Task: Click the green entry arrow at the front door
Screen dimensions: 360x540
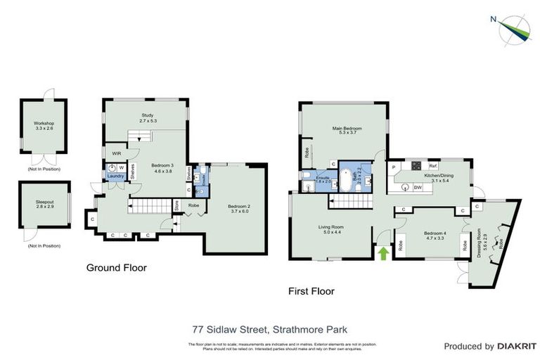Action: tap(383, 252)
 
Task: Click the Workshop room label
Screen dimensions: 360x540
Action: tap(44, 124)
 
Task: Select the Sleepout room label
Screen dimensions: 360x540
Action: tap(44, 200)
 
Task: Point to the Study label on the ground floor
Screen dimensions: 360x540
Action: tap(147, 115)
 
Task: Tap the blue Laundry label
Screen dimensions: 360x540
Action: tap(115, 176)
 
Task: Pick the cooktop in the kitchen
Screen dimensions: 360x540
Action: tap(416, 167)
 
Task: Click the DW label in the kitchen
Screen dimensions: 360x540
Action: tap(418, 187)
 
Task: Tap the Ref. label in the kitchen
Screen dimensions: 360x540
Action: tap(433, 167)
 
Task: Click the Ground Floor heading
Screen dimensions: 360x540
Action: tap(116, 268)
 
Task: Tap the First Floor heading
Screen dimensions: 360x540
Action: tap(311, 290)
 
